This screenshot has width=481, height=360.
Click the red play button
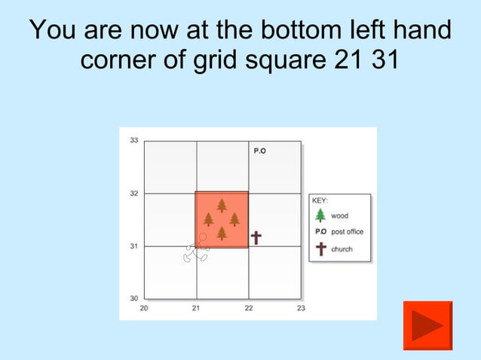(427, 325)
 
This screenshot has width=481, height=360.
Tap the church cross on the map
(256, 238)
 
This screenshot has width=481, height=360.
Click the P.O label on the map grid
(259, 151)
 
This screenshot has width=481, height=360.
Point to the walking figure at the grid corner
(197, 249)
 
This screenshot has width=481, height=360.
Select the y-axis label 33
(133, 141)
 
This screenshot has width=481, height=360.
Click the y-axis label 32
(133, 194)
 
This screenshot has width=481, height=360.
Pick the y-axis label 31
(133, 246)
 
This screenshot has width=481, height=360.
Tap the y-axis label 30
(133, 298)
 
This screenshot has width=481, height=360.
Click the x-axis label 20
(144, 308)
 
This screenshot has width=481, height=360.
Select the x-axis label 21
(196, 308)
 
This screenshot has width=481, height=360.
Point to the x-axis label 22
(249, 308)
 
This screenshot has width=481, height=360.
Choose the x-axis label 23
(301, 308)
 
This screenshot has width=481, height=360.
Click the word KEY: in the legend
(320, 201)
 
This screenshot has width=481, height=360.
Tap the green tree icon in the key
(320, 215)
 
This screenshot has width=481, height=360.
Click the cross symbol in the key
(320, 249)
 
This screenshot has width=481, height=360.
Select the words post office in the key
(348, 232)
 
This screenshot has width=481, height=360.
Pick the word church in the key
(342, 249)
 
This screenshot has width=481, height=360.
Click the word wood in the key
(339, 216)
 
